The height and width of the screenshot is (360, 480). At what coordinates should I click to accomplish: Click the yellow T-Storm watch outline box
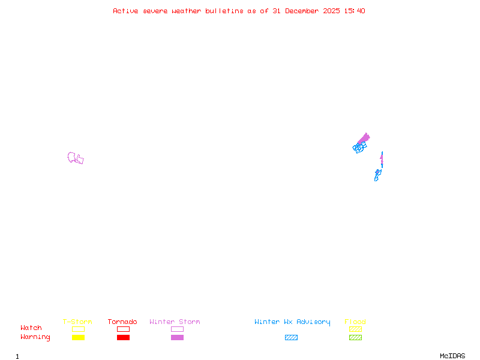(78, 329)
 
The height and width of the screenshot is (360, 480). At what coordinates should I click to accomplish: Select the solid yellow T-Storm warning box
(78, 338)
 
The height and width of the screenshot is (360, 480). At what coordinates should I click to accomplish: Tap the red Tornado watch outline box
(123, 329)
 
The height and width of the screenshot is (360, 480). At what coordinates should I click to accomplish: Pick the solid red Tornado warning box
(123, 338)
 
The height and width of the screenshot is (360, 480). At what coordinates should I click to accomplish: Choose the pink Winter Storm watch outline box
(177, 329)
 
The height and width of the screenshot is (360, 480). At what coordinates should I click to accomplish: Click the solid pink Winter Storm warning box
(177, 338)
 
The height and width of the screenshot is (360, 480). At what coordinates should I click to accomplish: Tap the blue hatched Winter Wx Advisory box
(291, 338)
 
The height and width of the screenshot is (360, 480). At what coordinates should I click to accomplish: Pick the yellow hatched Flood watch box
(355, 329)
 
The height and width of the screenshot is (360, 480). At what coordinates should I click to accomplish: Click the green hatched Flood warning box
(355, 338)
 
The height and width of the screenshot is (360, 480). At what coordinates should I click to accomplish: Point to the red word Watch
(31, 328)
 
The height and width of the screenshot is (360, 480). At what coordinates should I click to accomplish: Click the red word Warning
(35, 337)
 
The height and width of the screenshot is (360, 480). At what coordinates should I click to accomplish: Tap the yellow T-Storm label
(77, 322)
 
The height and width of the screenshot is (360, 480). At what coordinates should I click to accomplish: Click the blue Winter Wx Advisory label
(292, 322)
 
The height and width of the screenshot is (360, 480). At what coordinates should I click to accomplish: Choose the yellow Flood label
(355, 322)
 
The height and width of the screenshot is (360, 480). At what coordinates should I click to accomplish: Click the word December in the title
(302, 11)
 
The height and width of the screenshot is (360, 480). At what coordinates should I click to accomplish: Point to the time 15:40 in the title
(355, 11)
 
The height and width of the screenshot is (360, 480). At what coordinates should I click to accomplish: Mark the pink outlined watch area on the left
(74, 158)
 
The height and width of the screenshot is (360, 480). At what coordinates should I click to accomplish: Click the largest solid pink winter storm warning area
(364, 139)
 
